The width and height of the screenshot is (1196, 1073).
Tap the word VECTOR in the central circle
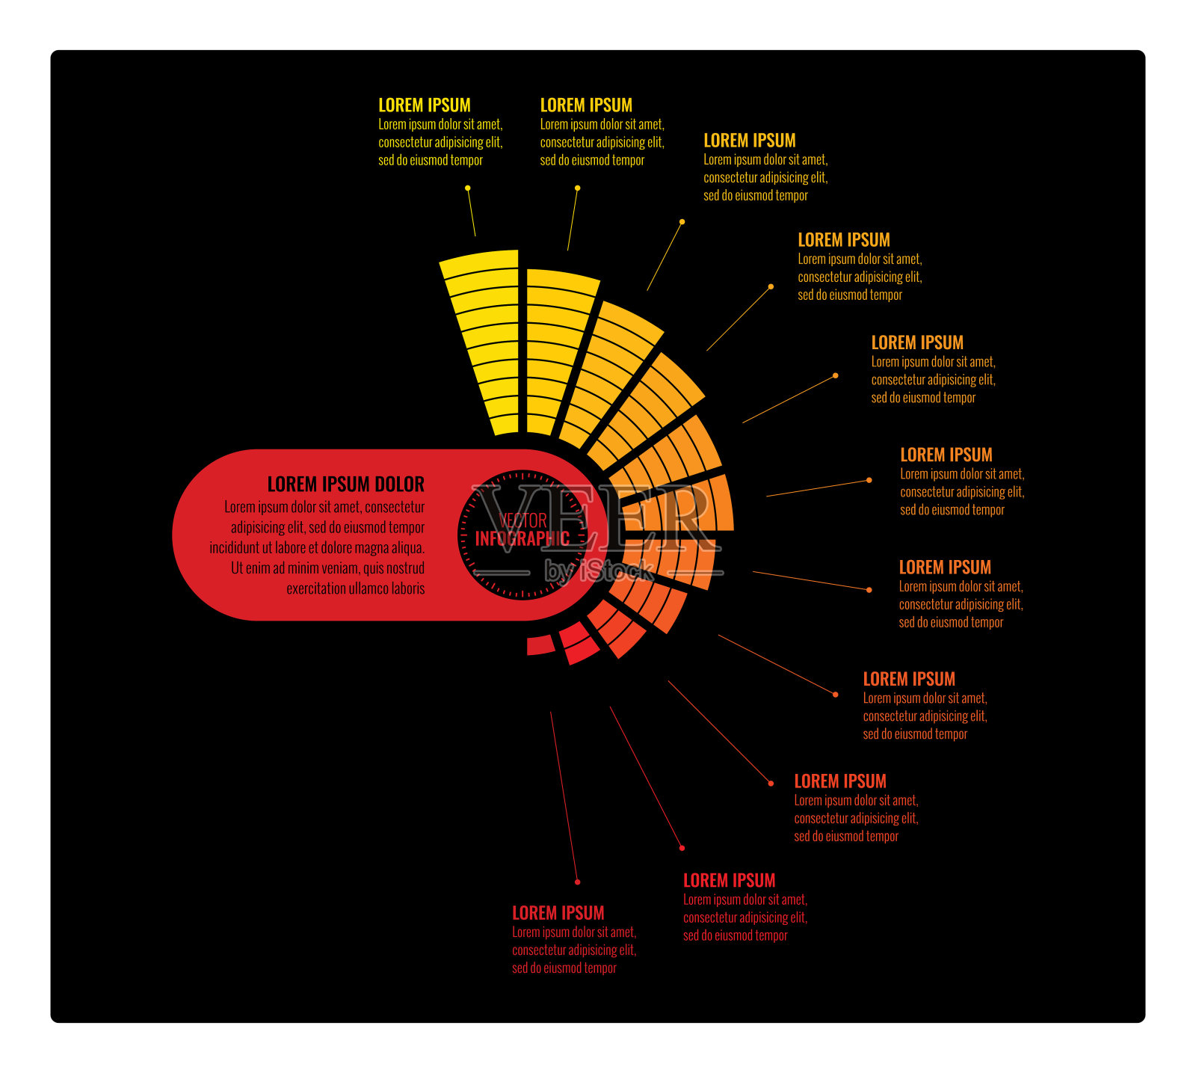[523, 521]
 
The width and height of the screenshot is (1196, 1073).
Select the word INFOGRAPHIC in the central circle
[523, 538]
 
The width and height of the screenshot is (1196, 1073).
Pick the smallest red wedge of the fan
[540, 645]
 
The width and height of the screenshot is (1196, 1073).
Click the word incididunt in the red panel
[234, 548]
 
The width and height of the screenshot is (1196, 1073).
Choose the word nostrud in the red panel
[403, 568]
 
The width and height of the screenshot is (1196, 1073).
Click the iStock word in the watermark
[617, 571]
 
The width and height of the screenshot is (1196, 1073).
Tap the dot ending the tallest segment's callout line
[468, 188]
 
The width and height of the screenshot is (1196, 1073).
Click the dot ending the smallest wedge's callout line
[577, 882]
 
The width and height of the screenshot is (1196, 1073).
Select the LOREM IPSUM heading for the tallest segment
[424, 105]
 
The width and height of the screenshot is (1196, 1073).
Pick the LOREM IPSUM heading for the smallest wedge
[558, 913]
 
